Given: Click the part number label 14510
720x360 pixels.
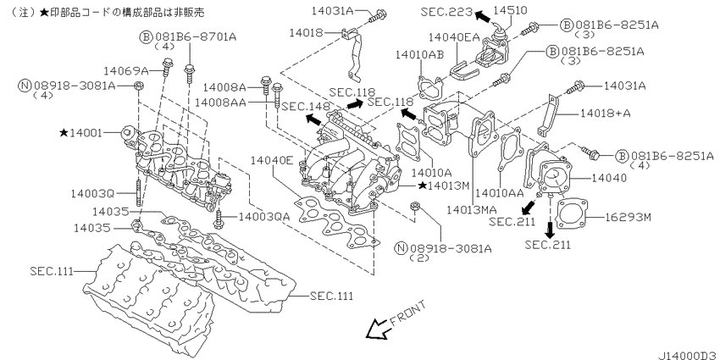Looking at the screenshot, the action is click(511, 10).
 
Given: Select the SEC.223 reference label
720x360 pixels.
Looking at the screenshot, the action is click(446, 12).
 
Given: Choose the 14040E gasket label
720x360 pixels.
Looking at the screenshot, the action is click(272, 160).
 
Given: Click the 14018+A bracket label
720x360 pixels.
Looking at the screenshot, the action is click(605, 113).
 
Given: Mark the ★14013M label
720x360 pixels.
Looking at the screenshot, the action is click(444, 186).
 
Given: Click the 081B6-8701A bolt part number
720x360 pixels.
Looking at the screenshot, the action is click(196, 37).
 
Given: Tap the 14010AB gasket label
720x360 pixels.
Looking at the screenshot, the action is click(419, 55).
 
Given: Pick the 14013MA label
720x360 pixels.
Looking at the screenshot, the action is click(472, 210).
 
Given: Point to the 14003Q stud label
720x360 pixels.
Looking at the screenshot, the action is click(92, 194).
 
